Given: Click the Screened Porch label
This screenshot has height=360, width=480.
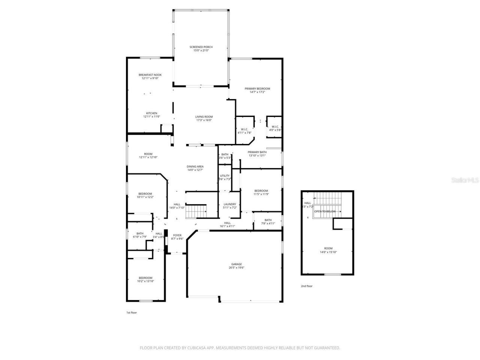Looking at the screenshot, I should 201,49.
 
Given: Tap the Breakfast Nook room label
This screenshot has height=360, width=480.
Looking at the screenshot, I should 150,76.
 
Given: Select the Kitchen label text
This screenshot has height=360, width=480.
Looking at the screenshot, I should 151,115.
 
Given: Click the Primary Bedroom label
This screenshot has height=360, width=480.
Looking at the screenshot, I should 257,90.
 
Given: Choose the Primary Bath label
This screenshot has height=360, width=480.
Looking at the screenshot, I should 257,154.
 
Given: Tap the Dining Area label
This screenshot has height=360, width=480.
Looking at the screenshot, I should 195,168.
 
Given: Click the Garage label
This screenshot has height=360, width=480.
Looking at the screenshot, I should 236,266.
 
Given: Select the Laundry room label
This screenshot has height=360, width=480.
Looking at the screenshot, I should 229,206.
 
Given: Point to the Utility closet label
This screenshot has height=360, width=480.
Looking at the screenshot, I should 225,177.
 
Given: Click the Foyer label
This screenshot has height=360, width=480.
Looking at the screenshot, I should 177,237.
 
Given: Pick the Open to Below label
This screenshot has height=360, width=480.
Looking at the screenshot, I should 325,211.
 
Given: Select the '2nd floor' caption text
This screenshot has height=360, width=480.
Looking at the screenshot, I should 306,286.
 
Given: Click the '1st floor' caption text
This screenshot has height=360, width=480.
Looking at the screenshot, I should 131,312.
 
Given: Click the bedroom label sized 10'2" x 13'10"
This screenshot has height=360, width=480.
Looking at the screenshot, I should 145,279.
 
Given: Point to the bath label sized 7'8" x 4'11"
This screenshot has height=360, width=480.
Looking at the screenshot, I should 268,222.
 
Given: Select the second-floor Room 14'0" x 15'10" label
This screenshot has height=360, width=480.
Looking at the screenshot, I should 328,250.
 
